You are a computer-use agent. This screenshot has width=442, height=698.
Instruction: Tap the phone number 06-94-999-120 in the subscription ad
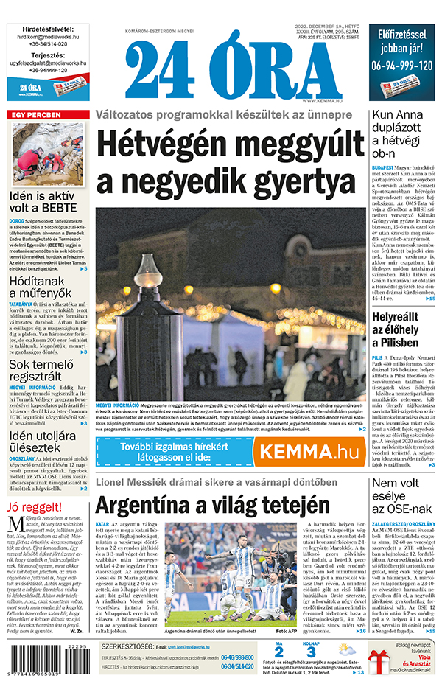(401, 65)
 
